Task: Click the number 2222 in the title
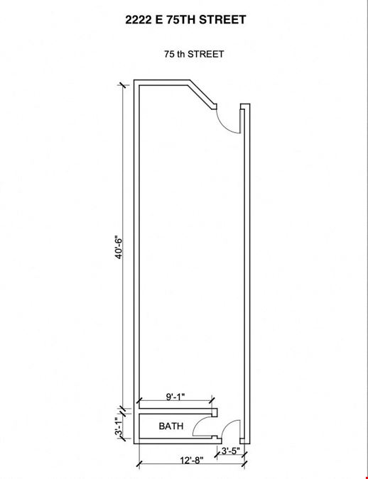pyautogui.click(x=138, y=20)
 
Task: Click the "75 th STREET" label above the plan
pyautogui.click(x=194, y=54)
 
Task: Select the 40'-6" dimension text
pyautogui.click(x=119, y=247)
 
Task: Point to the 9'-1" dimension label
pyautogui.click(x=175, y=397)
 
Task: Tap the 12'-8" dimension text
pyautogui.click(x=192, y=460)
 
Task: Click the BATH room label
pyautogui.click(x=171, y=426)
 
